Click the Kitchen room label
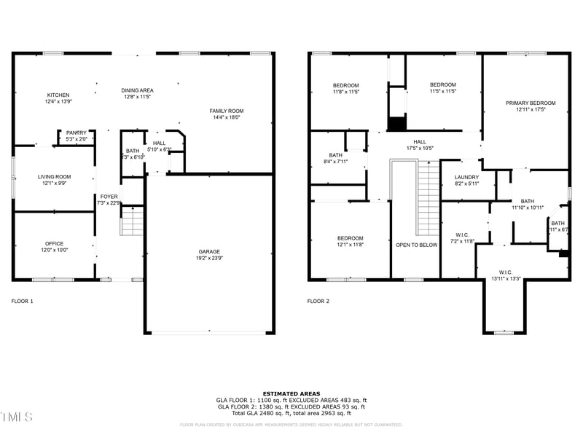pos(58,95)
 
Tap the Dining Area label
pos(137,90)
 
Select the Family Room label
pos(227,111)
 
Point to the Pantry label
pos(77,133)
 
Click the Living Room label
pos(55,176)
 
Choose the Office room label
pos(54,244)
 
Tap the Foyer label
pos(109,197)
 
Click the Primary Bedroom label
pos(531,103)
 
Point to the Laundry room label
pos(466,178)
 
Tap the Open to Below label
pos(417,245)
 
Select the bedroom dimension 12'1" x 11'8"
pos(350,245)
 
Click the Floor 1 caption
pos(23,301)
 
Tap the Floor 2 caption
pos(318,301)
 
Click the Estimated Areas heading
pos(291,393)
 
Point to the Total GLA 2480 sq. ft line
pos(291,413)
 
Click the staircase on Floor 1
pos(132,221)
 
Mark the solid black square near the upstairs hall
pos(396,124)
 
